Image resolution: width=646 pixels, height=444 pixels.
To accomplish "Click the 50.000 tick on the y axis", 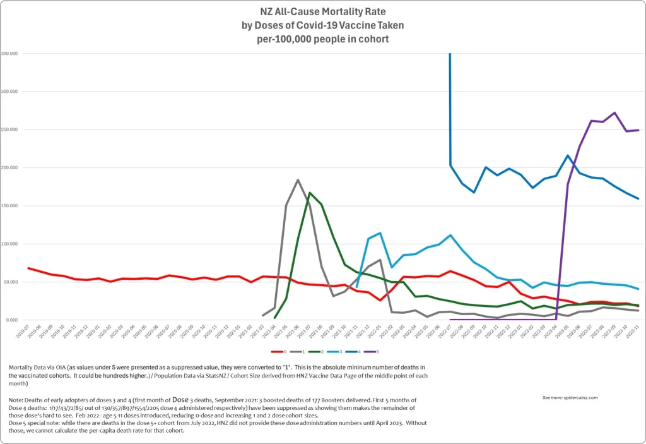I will (x=11, y=282).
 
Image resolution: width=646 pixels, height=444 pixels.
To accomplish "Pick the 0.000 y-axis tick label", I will (x=12, y=320).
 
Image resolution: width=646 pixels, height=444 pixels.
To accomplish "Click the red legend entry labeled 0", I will (x=279, y=351).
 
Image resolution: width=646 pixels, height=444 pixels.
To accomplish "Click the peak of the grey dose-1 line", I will (x=298, y=180).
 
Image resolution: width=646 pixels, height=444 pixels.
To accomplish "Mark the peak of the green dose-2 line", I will (x=310, y=193).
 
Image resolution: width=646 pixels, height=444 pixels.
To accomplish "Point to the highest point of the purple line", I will (x=614, y=113).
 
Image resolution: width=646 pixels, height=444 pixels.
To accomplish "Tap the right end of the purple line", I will (x=638, y=130).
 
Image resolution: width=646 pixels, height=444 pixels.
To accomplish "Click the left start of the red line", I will (x=28, y=268).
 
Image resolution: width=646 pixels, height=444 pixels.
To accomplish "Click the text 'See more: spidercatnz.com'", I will (x=570, y=398).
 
